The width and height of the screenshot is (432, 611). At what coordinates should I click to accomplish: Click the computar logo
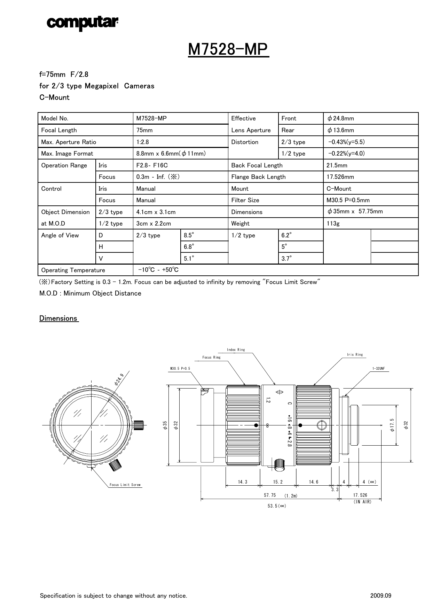pyautogui.click(x=83, y=23)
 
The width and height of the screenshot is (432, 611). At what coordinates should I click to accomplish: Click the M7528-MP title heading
pyautogui.click(x=228, y=50)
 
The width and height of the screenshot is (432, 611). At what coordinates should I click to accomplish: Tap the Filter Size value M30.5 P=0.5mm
pyautogui.click(x=348, y=200)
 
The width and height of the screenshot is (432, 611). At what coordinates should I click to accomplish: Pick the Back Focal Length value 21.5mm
pyautogui.click(x=337, y=165)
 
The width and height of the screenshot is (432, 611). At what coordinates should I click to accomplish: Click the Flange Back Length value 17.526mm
pyautogui.click(x=340, y=177)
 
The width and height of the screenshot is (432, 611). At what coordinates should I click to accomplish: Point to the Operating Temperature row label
pyautogui.click(x=73, y=270)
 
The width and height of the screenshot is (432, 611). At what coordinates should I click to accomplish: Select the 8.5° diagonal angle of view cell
pyautogui.click(x=189, y=235)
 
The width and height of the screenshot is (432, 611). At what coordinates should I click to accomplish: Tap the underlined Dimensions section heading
pyautogui.click(x=58, y=319)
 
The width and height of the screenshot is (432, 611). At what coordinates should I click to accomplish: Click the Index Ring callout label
pyautogui.click(x=236, y=350)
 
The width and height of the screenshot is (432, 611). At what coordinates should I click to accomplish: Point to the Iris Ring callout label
pyautogui.click(x=355, y=355)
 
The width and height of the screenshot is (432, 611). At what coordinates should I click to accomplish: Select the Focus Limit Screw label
pyautogui.click(x=125, y=485)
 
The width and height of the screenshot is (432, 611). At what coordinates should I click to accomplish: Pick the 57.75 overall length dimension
pyautogui.click(x=270, y=495)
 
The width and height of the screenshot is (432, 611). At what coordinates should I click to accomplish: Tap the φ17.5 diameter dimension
pyautogui.click(x=392, y=425)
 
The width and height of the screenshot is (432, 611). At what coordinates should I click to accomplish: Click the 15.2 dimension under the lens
pyautogui.click(x=278, y=482)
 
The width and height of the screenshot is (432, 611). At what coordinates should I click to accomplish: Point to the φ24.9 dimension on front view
pyautogui.click(x=119, y=379)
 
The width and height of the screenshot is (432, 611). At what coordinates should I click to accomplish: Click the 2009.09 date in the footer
pyautogui.click(x=380, y=596)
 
